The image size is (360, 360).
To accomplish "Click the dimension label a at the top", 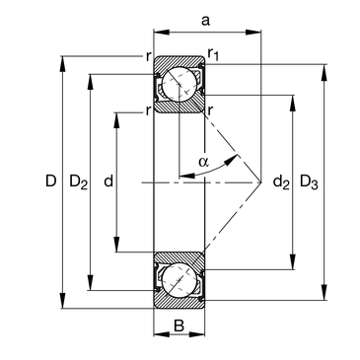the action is pos(205,21).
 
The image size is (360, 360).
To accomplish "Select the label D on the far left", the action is pos(51,180).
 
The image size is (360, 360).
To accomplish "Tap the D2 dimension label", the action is pos(79,182).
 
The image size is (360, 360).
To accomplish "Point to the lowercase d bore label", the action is pos(108,180).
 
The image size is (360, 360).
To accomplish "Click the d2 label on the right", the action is pos(281,181).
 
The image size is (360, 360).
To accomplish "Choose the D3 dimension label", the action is pos(309,182).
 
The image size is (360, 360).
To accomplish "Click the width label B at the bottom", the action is pos(179,325).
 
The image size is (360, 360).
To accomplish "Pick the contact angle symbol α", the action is pos(203,162).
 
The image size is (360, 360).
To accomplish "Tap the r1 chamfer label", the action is pos(213,54).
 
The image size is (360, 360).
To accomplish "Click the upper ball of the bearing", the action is pos(180,84).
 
